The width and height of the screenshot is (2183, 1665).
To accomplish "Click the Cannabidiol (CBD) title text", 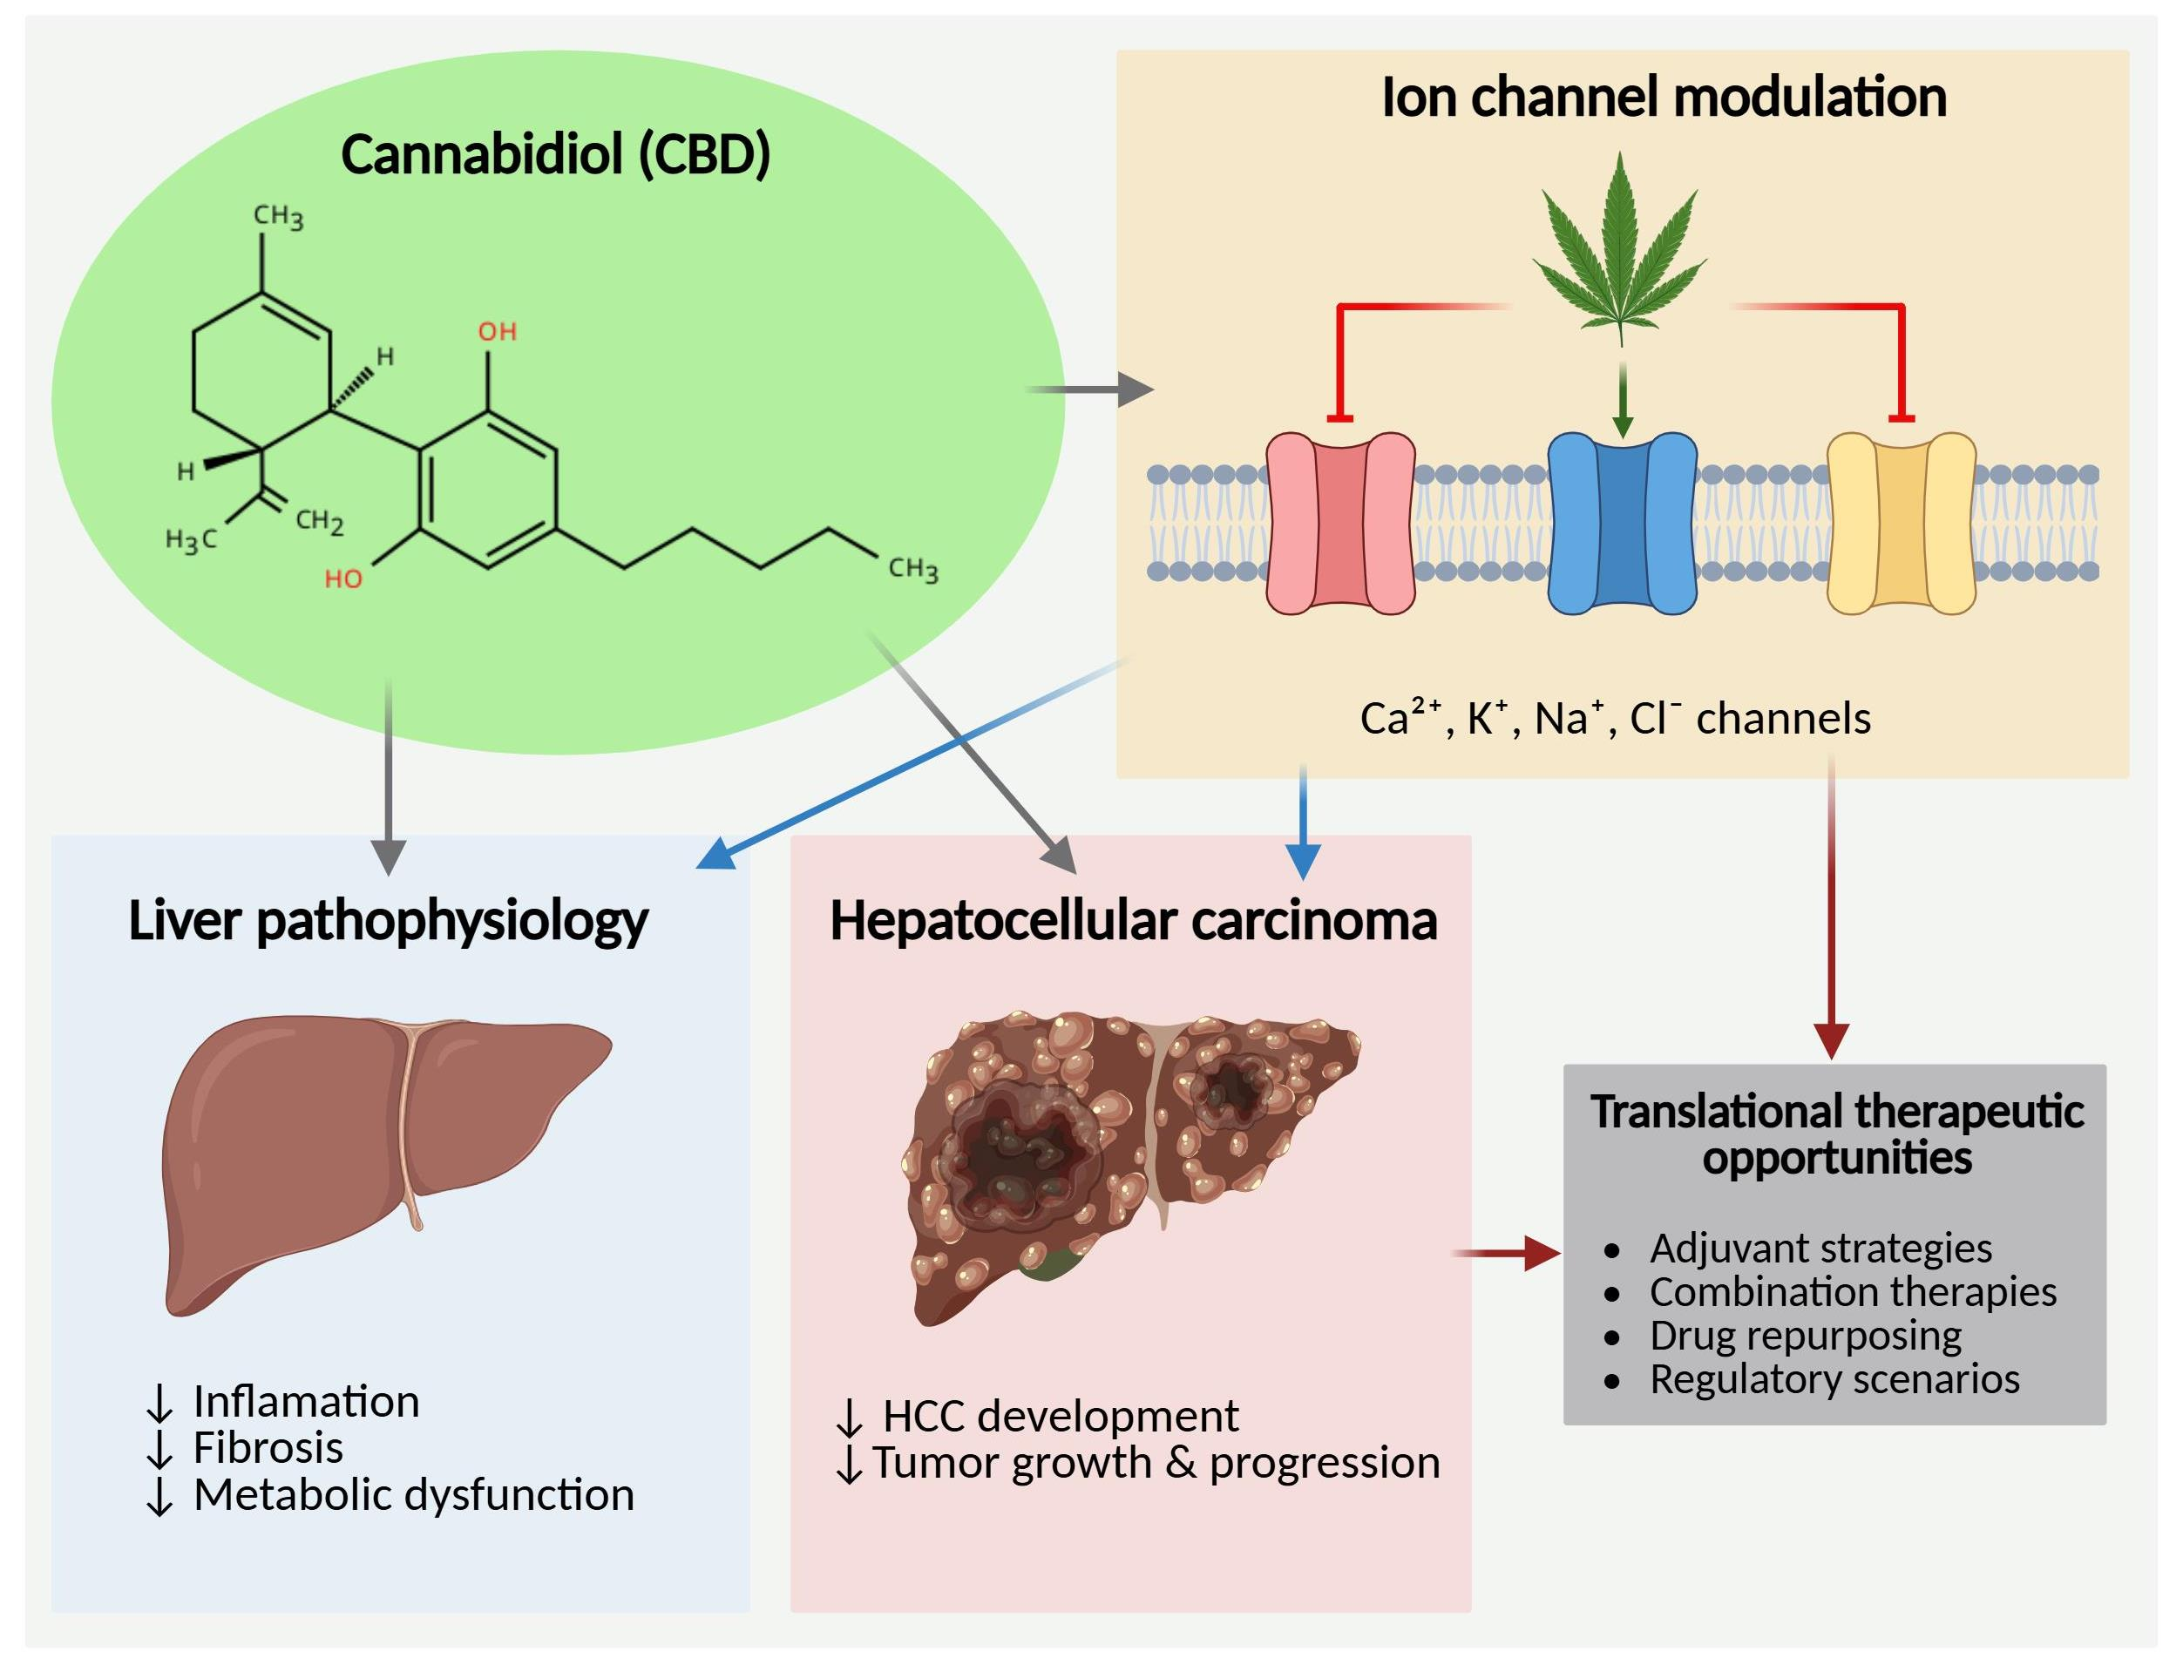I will tap(555, 156).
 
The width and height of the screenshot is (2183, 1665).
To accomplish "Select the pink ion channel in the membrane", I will tap(1340, 524).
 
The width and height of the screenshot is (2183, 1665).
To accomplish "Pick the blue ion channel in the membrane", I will tap(1622, 524).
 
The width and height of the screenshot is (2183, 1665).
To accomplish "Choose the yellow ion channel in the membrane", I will tap(1901, 524).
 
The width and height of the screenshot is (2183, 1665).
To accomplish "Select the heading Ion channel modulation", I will tap(1664, 98).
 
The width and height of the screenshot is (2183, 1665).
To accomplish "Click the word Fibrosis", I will tap(268, 1448).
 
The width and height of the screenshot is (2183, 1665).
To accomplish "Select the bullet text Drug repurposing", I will tap(1804, 1335).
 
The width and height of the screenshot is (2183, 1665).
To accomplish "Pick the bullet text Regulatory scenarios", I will tap(1834, 1378).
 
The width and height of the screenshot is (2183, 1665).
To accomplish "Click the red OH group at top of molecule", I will tap(497, 332).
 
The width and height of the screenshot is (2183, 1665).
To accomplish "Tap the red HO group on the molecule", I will tap(344, 579).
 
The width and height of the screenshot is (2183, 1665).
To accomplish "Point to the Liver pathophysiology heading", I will tap(388, 921).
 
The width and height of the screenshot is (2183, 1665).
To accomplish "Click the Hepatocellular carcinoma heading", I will tap(1132, 921).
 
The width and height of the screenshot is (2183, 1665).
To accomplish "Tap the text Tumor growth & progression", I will tap(1155, 1463).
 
